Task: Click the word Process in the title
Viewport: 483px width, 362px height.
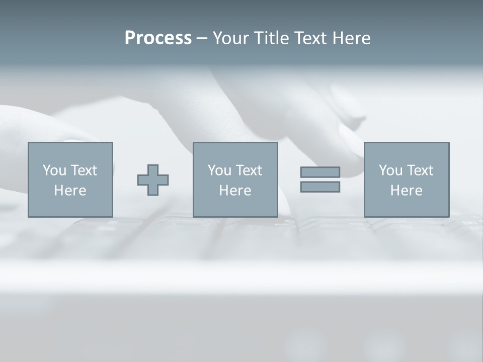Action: (x=158, y=38)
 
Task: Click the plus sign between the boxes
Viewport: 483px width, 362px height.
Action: (x=153, y=180)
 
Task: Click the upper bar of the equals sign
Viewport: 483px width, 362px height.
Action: (x=320, y=172)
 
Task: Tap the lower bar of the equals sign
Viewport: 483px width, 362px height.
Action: (x=320, y=187)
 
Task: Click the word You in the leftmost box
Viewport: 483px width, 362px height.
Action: (x=54, y=170)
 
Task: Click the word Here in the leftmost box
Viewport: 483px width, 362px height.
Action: (x=70, y=191)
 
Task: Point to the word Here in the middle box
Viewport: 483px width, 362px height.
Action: (x=235, y=191)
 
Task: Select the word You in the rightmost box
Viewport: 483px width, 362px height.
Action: (x=390, y=170)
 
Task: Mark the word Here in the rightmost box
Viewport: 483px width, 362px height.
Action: (x=407, y=191)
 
